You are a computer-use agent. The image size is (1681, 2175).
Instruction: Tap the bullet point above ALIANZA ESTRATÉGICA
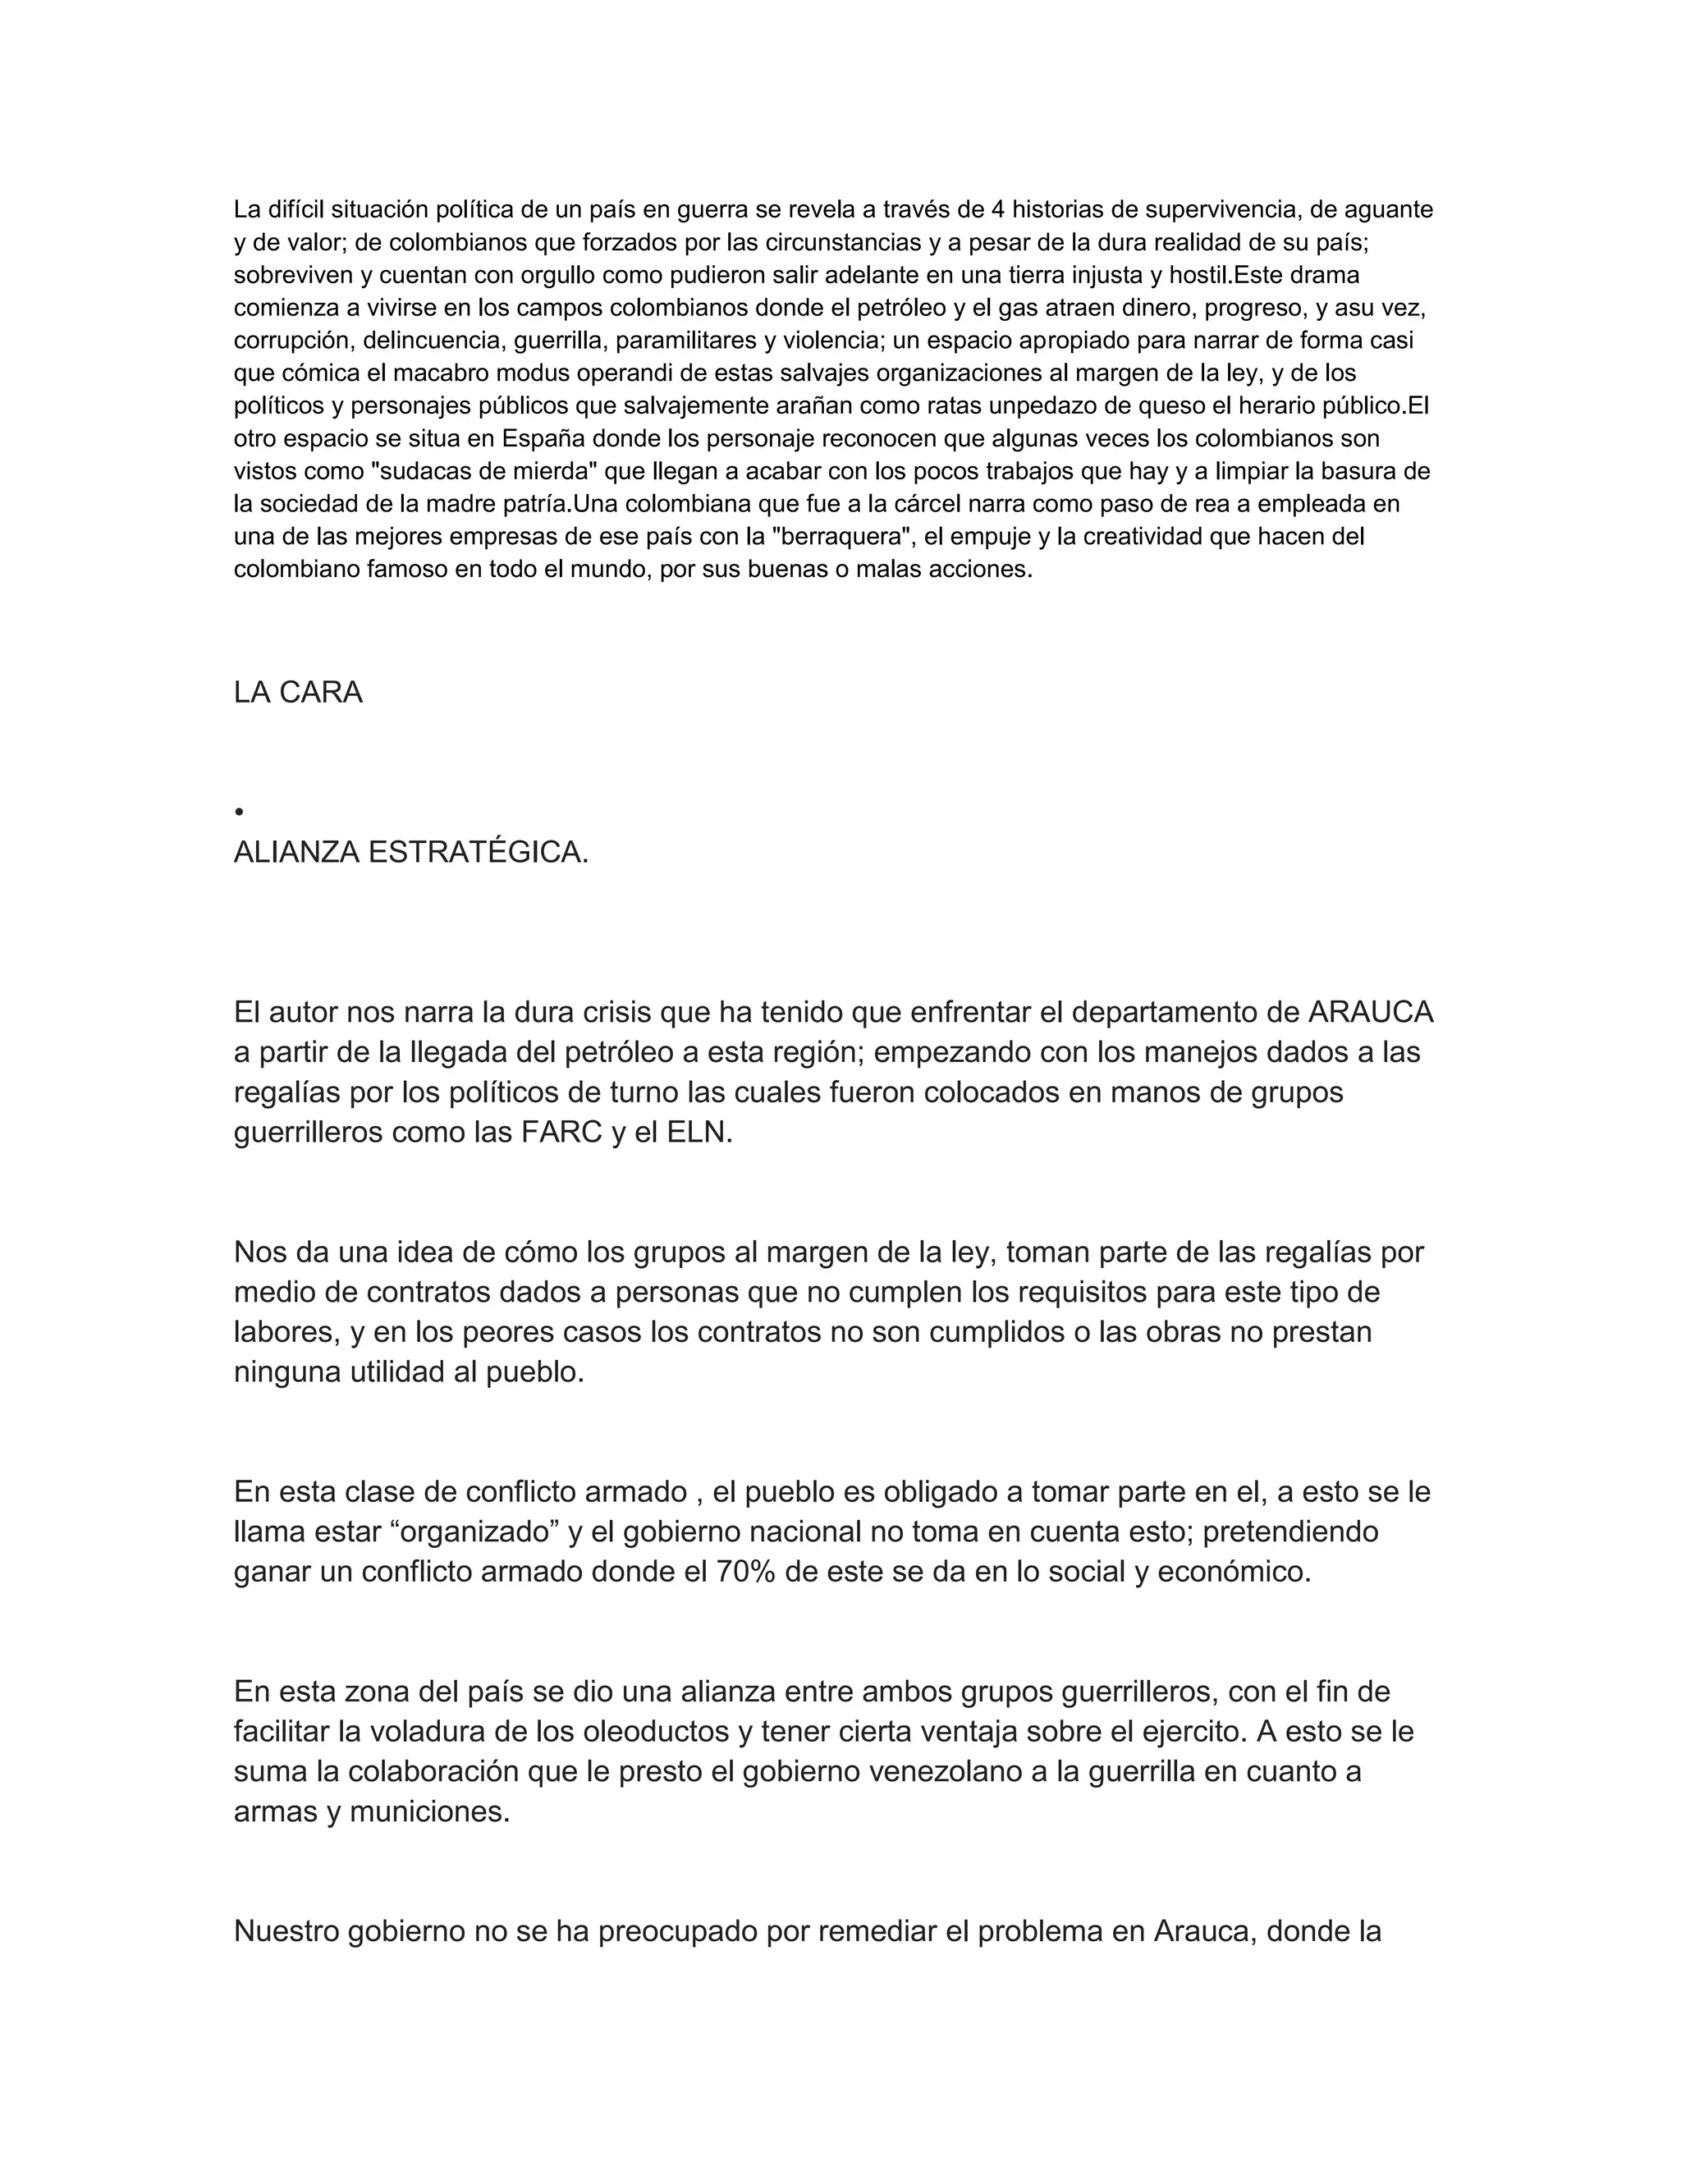[x=239, y=813]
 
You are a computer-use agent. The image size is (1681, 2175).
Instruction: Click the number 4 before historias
[x=998, y=209]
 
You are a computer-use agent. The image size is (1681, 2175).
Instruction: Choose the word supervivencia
[x=1221, y=209]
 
